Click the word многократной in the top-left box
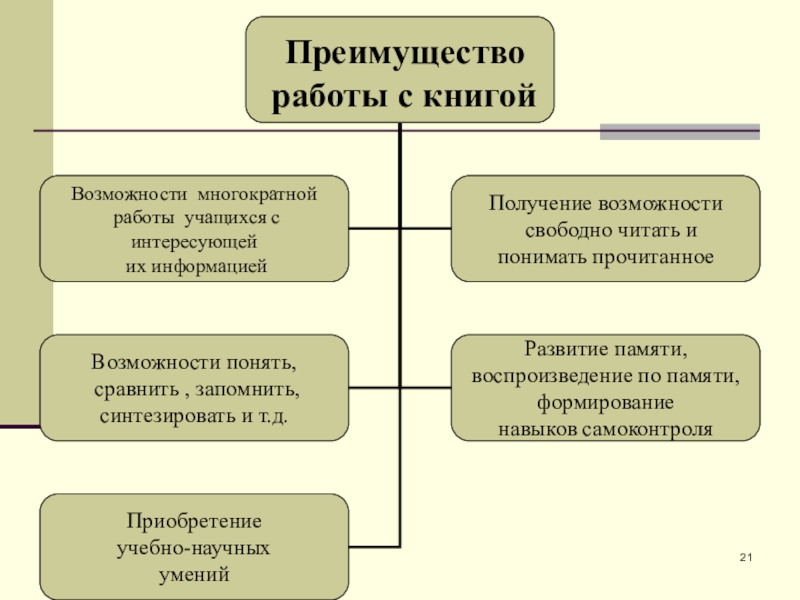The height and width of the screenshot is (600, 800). pos(257,193)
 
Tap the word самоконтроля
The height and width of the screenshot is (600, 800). pos(651,429)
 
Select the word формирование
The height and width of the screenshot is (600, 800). pos(605,403)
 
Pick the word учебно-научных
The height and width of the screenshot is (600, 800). pos(194,549)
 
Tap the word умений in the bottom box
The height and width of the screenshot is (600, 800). pos(194,575)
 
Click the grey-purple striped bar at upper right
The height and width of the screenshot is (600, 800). pos(679,131)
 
